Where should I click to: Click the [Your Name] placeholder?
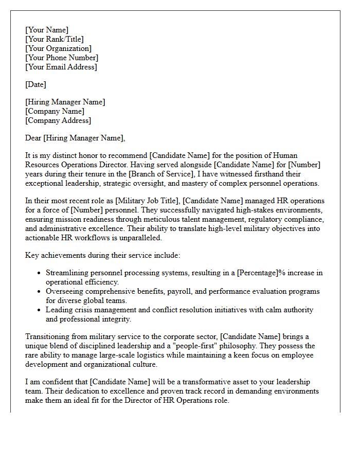point(47,30)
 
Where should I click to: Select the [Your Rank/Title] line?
point(55,39)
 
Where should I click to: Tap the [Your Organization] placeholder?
point(59,48)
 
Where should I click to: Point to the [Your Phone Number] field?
point(62,58)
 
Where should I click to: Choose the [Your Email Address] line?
point(61,67)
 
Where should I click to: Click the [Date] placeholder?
point(36,84)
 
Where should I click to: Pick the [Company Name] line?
point(55,111)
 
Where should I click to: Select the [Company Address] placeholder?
point(58,120)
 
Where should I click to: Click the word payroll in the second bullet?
point(192,291)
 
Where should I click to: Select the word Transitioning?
point(47,336)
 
